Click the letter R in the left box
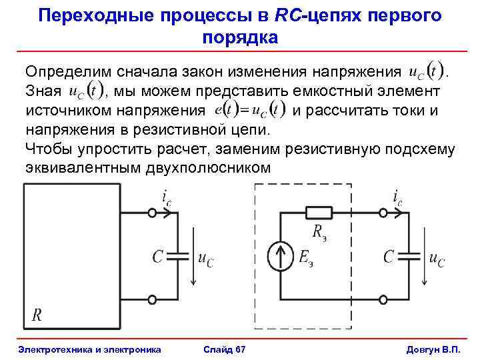pyautogui.click(x=37, y=314)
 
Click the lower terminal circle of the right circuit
pyautogui.click(x=383, y=300)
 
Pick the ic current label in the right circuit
pyautogui.click(x=397, y=198)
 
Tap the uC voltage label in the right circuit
pyautogui.click(x=437, y=259)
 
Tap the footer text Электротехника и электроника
pyautogui.click(x=89, y=349)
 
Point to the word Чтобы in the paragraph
pyautogui.click(x=47, y=148)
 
